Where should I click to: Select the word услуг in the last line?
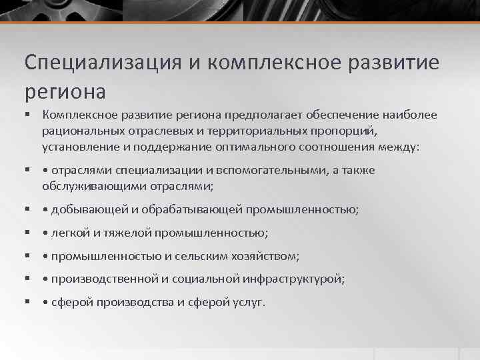pyautogui.click(x=249, y=302)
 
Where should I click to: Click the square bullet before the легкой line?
pyautogui.click(x=29, y=233)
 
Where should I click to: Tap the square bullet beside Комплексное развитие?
pyautogui.click(x=29, y=115)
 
